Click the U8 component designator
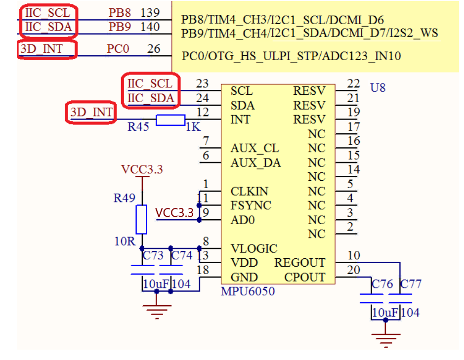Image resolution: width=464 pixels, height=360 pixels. (x=378, y=88)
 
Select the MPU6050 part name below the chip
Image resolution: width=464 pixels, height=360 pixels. (x=248, y=291)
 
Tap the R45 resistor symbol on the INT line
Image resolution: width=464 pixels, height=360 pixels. (x=170, y=120)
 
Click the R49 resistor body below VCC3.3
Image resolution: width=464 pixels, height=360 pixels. (x=141, y=219)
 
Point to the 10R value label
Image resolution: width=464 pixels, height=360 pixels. (x=124, y=241)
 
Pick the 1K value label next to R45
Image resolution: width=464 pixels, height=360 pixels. (x=193, y=127)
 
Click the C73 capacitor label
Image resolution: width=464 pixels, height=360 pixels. (x=153, y=255)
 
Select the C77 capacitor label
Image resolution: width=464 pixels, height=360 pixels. (x=411, y=284)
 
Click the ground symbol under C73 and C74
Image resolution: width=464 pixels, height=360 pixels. (x=157, y=310)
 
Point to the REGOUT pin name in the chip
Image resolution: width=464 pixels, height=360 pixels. (x=300, y=263)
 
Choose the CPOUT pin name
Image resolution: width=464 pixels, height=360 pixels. (x=304, y=277)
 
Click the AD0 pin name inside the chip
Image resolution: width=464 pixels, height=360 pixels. (x=243, y=220)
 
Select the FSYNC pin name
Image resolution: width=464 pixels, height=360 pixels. (x=251, y=205)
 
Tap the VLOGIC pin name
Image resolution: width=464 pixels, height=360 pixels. (x=253, y=248)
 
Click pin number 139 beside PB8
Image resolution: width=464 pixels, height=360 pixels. (x=150, y=12)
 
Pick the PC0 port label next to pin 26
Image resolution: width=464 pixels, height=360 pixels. (x=118, y=48)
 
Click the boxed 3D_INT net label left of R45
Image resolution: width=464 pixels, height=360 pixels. (x=91, y=113)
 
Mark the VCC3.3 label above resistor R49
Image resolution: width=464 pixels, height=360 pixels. (x=142, y=169)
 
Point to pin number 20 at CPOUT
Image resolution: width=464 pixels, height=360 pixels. (x=354, y=270)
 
